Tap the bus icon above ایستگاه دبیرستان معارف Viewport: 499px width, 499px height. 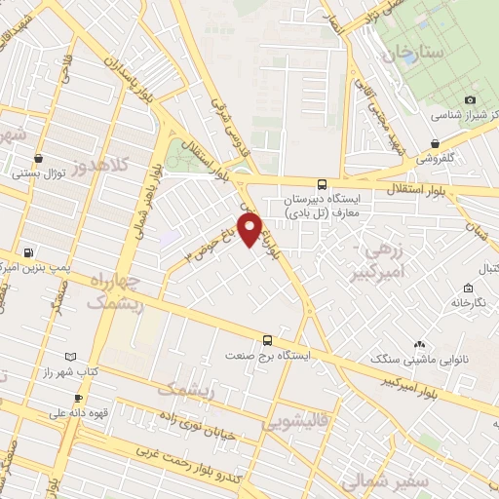click(x=323, y=183)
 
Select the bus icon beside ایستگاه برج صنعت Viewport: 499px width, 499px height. click(x=267, y=340)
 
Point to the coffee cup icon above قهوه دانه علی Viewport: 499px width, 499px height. click(x=78, y=398)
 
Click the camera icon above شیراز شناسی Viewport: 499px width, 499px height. click(x=470, y=99)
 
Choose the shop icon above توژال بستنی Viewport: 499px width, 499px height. click(x=38, y=159)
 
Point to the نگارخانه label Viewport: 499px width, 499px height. click(x=469, y=302)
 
